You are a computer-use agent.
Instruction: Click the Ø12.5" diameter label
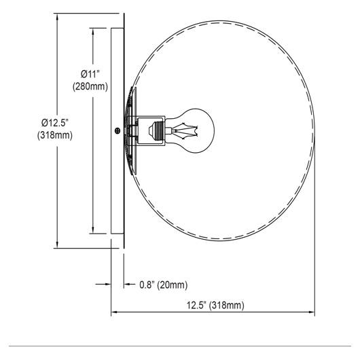coord(55,123)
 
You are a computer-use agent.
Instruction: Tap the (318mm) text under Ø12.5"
coord(55,135)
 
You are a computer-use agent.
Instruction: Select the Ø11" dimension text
coord(90,74)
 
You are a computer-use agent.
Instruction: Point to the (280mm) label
coord(90,86)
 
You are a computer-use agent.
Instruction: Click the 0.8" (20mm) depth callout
coord(164,285)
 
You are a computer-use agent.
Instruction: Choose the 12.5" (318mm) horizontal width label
coord(215,305)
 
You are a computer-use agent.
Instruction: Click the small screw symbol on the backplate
coord(118,131)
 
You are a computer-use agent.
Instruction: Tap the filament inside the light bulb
coord(185,131)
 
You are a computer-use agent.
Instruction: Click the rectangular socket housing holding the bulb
coord(151,131)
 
